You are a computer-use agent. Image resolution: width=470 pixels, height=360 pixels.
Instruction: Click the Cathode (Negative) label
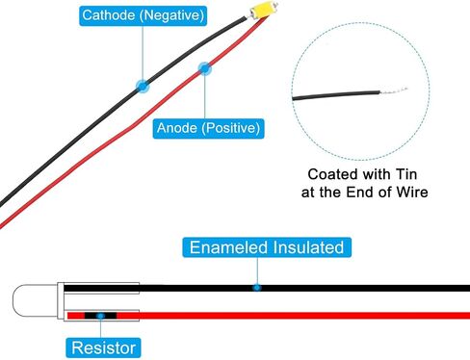(x=143, y=15)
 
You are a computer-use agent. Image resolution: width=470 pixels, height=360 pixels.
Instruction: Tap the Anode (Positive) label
(x=208, y=128)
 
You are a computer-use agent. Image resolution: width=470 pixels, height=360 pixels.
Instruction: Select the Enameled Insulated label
(x=267, y=247)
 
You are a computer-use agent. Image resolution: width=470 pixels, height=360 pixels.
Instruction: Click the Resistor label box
(x=103, y=347)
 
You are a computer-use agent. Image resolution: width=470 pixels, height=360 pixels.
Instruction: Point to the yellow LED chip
(x=263, y=10)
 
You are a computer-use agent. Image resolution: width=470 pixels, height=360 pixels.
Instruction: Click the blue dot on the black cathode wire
(x=143, y=86)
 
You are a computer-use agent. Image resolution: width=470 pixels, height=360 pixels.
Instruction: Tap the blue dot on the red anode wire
(x=205, y=68)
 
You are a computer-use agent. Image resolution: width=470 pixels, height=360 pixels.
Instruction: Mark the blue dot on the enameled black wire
(x=256, y=288)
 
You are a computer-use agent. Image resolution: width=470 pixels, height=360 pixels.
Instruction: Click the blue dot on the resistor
(x=100, y=316)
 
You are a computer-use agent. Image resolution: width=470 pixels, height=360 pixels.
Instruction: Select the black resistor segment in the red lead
(x=100, y=316)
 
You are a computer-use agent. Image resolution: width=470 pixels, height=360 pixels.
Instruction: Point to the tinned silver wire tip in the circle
(x=394, y=90)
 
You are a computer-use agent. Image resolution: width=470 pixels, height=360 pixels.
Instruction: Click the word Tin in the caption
(x=406, y=174)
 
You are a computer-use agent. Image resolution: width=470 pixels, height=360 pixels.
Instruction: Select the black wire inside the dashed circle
(x=336, y=95)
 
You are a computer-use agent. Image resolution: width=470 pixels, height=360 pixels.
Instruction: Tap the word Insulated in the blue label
(x=308, y=247)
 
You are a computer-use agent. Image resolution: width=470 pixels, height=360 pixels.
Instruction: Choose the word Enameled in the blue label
(x=228, y=247)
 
